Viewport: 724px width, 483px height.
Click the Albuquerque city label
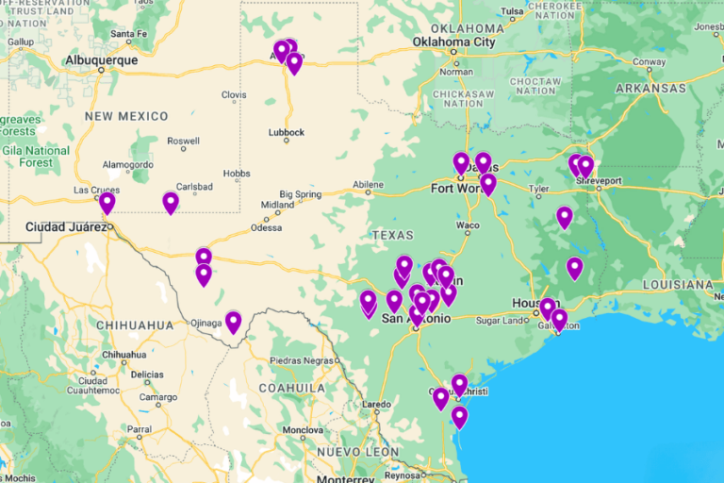(102, 60)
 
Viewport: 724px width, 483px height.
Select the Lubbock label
(286, 133)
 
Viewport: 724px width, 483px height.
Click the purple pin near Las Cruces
(107, 202)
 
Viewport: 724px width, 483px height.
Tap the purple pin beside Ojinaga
(233, 322)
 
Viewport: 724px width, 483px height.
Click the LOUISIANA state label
(678, 284)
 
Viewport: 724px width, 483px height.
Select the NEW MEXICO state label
(126, 116)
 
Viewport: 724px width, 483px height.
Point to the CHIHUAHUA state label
(134, 325)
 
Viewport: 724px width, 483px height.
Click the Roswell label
(182, 141)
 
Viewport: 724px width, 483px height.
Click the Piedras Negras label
(304, 360)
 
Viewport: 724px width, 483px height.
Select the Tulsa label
(512, 12)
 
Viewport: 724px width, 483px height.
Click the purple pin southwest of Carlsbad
(171, 203)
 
